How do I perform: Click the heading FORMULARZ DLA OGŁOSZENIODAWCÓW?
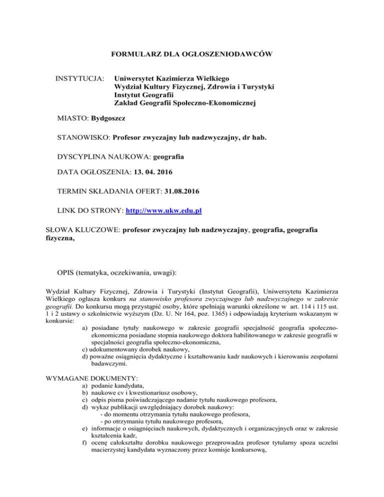point(191,53)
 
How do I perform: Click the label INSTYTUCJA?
point(80,78)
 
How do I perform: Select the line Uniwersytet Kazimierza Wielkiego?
point(171,78)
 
